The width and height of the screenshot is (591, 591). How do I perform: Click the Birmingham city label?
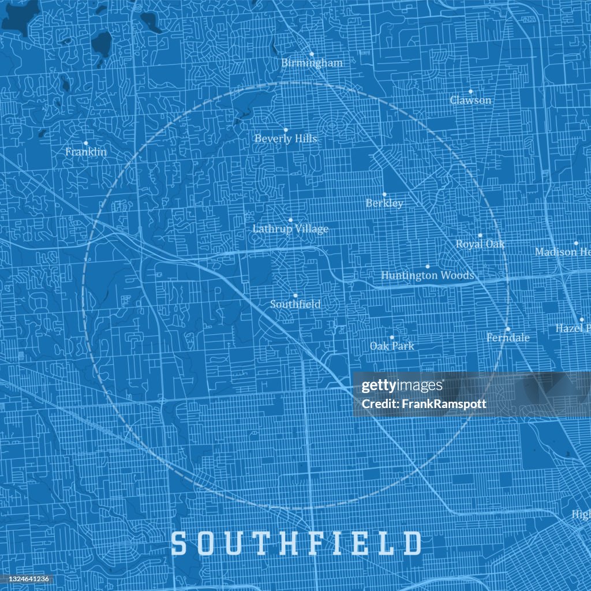pyautogui.click(x=312, y=63)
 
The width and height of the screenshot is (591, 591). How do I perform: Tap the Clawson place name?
pyautogui.click(x=470, y=100)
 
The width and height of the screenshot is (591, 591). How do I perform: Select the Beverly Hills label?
pyautogui.click(x=286, y=139)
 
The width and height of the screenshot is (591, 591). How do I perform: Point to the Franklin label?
pyautogui.click(x=86, y=152)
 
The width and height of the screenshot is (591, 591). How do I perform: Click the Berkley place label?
pyautogui.click(x=384, y=203)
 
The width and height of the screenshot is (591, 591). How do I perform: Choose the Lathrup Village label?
pyautogui.click(x=290, y=229)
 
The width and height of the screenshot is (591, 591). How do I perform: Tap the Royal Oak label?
pyautogui.click(x=480, y=244)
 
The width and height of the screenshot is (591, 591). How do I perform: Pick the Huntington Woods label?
pyautogui.click(x=428, y=276)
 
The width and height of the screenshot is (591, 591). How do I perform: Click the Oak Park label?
pyautogui.click(x=392, y=346)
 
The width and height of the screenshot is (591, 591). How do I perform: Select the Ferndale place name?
pyautogui.click(x=508, y=338)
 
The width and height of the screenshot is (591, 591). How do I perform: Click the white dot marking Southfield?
pyautogui.click(x=295, y=295)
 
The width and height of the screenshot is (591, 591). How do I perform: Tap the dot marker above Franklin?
pyautogui.click(x=86, y=143)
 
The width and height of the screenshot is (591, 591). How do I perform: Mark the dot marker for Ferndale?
pyautogui.click(x=508, y=329)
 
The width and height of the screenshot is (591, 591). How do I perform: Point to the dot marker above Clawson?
pyautogui.click(x=470, y=91)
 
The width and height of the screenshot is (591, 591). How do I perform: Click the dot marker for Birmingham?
pyautogui.click(x=312, y=54)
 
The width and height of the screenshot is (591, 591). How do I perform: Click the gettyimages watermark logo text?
pyautogui.click(x=402, y=386)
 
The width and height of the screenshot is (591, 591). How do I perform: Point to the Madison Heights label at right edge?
pyautogui.click(x=562, y=252)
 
